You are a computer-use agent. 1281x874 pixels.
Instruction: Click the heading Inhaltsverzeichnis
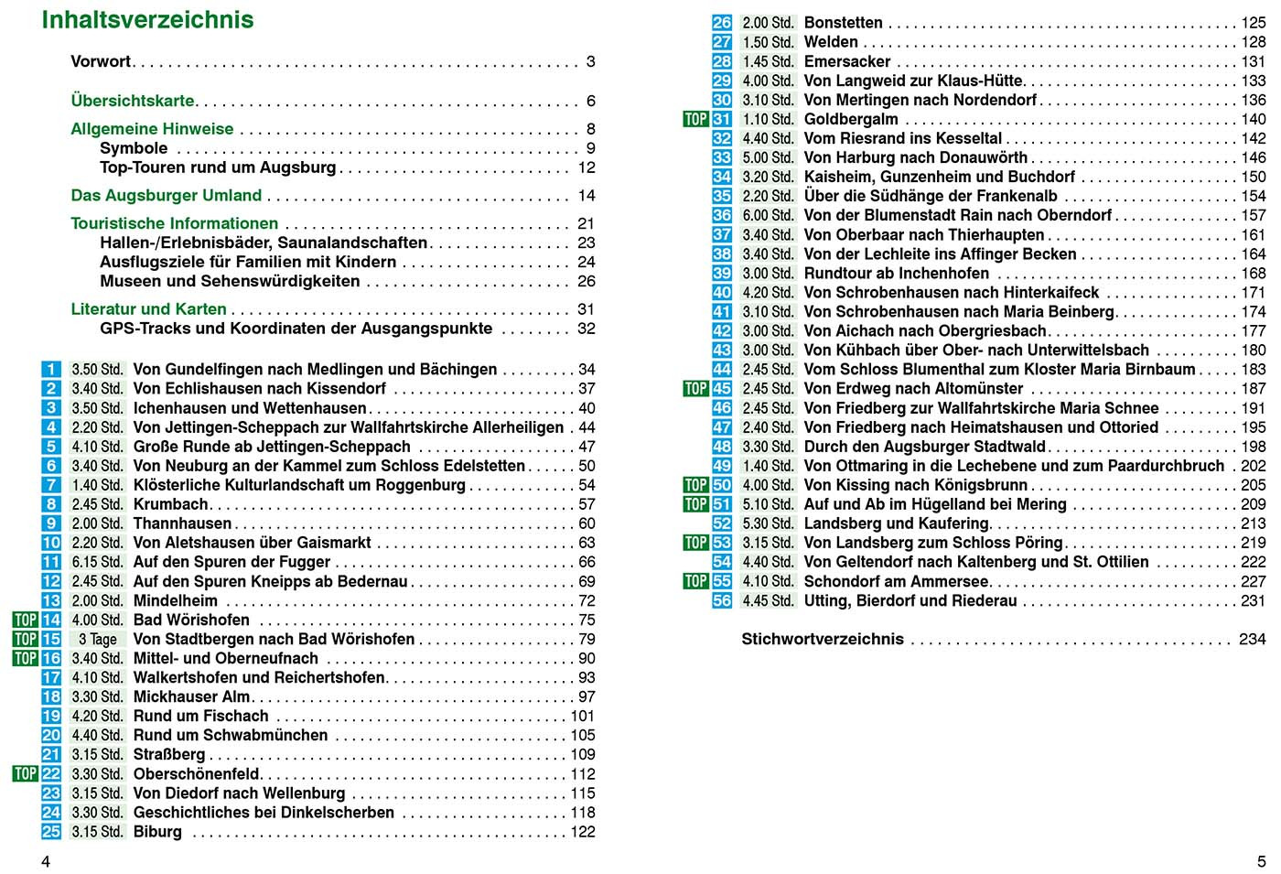click(x=147, y=20)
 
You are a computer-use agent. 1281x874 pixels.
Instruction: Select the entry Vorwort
click(x=101, y=62)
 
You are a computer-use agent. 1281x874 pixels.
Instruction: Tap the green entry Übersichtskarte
click(x=133, y=101)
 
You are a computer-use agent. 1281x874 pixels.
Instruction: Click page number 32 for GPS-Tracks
click(x=587, y=329)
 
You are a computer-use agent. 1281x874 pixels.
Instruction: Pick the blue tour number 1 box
click(x=51, y=370)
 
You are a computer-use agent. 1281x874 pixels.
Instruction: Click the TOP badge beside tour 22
click(x=25, y=774)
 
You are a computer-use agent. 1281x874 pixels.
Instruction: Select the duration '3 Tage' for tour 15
click(x=97, y=640)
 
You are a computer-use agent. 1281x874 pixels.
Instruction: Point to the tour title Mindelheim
click(x=176, y=601)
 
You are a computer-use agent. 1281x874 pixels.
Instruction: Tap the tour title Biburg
click(x=157, y=832)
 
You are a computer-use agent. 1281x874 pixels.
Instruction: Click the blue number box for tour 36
click(x=722, y=216)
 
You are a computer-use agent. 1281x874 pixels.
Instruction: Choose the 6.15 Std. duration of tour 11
click(x=97, y=563)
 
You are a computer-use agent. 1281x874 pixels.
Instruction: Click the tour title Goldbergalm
click(x=851, y=120)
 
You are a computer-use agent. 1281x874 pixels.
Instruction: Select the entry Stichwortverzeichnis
click(x=822, y=640)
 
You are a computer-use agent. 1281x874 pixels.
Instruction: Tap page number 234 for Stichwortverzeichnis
click(x=1252, y=640)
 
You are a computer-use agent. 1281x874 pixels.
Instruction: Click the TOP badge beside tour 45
click(x=695, y=389)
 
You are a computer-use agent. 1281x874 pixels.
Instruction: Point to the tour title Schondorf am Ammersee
click(x=896, y=582)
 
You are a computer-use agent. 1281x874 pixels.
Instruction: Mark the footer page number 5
click(x=1261, y=861)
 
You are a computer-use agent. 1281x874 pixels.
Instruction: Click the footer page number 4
click(x=46, y=861)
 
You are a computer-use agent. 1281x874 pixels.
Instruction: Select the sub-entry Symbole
click(x=134, y=148)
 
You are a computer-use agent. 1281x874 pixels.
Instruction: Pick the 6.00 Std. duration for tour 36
click(x=768, y=216)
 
